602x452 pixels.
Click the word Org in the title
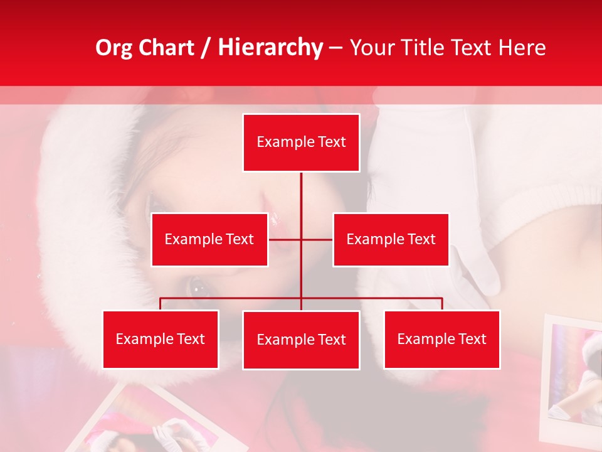pyautogui.click(x=114, y=48)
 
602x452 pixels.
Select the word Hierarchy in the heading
pyautogui.click(x=270, y=48)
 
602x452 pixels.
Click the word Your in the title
pyautogui.click(x=368, y=48)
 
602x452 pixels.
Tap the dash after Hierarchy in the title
pyautogui.click(x=335, y=49)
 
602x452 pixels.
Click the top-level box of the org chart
pyautogui.click(x=301, y=143)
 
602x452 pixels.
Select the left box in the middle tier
pyautogui.click(x=209, y=239)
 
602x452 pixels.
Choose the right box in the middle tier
pyautogui.click(x=391, y=239)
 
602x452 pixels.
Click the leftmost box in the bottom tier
pyautogui.click(x=161, y=339)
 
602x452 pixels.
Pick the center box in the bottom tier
pyautogui.click(x=301, y=340)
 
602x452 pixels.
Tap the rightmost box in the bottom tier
pyautogui.click(x=442, y=339)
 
